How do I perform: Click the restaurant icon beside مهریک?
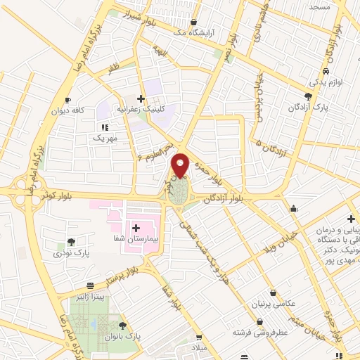coord(105,127)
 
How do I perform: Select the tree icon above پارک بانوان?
coord(124,326)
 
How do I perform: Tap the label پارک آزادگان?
coord(308,108)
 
